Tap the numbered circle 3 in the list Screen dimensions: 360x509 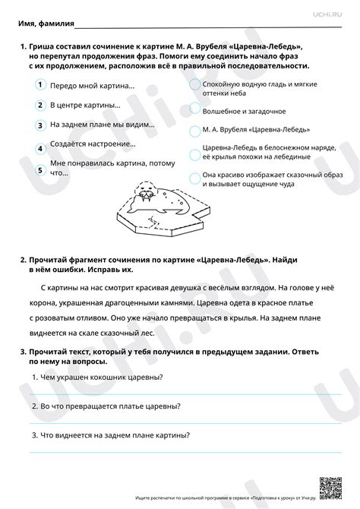pyautogui.click(x=39, y=125)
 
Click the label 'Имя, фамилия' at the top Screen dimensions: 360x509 pyautogui.click(x=43, y=24)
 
